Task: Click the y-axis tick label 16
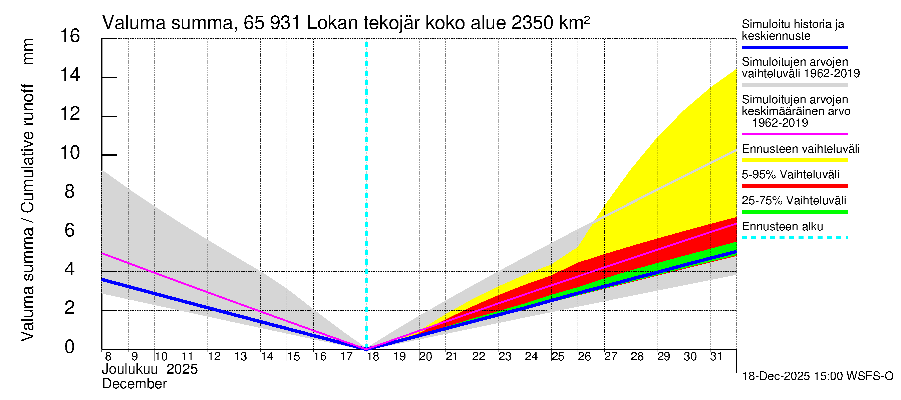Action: point(70,36)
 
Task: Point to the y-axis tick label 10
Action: point(70,153)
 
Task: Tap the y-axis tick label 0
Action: point(70,347)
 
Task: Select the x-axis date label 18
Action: point(373,357)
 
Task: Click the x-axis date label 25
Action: point(558,357)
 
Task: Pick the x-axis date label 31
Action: point(716,357)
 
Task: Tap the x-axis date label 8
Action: point(108,357)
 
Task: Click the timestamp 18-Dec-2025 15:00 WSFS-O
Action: point(817,377)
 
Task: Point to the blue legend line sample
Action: point(794,47)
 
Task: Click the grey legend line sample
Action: point(794,85)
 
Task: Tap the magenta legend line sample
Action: point(794,134)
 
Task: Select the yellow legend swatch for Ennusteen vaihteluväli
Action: point(794,160)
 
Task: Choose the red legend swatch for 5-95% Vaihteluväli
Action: point(794,186)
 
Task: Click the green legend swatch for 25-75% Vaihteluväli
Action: point(794,212)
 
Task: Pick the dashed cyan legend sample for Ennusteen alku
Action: point(794,238)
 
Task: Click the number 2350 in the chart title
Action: point(532,23)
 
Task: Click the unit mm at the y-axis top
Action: point(28,52)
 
